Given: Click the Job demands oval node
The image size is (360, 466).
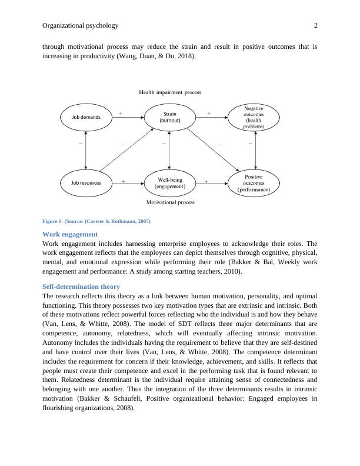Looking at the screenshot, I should click(x=86, y=117).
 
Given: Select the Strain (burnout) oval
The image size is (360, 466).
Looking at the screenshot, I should click(x=169, y=117).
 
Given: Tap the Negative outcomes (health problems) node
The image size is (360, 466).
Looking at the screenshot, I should click(x=254, y=117).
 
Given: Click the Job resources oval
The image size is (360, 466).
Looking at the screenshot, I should click(x=86, y=183).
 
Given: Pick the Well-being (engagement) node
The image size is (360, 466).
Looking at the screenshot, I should click(x=169, y=183).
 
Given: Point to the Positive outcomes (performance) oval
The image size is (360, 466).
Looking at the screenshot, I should click(x=254, y=183).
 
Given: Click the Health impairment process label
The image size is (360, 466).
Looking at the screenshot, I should click(x=170, y=92).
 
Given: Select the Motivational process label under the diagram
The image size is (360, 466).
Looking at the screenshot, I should click(x=170, y=202).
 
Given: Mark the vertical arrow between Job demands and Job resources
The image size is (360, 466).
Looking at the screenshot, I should click(x=86, y=150).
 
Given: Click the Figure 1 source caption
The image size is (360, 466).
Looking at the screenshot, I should click(x=96, y=221).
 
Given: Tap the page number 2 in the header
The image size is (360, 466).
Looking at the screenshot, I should click(x=315, y=26).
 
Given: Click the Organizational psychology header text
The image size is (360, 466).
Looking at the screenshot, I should click(x=81, y=26).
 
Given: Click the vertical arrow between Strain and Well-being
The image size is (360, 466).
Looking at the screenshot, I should click(x=169, y=150).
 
